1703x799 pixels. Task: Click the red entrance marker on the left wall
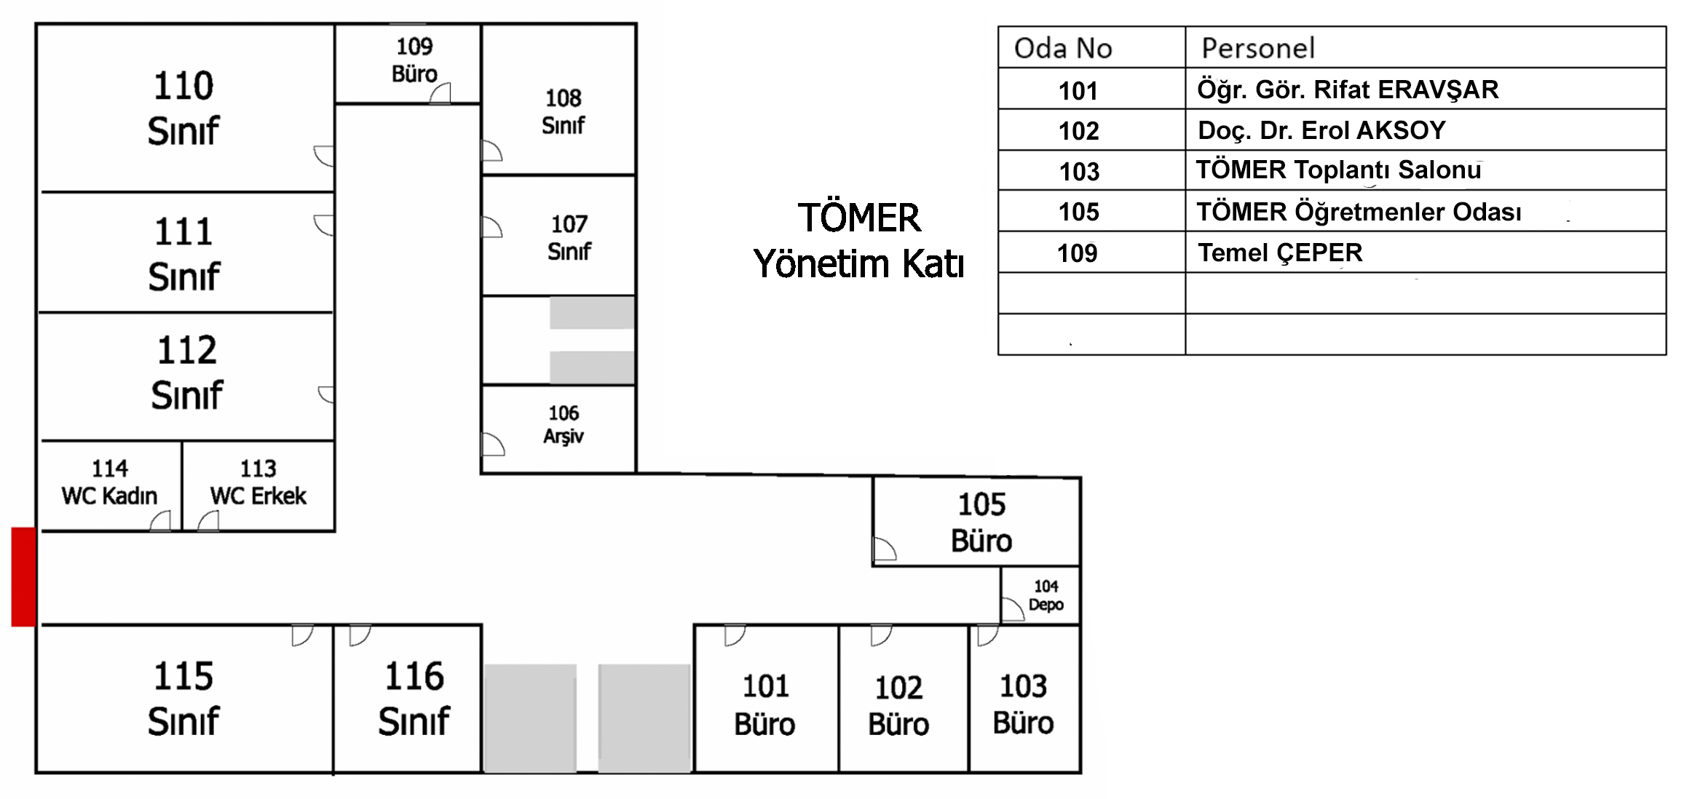(23, 576)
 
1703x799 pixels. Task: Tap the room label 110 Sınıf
(183, 108)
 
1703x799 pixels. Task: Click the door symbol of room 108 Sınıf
(491, 151)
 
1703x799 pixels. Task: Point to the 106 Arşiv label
(564, 424)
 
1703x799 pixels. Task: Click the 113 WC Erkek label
(258, 482)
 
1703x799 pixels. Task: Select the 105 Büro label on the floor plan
(981, 522)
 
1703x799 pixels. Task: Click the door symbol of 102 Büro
(880, 635)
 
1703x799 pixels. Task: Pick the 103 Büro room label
(1023, 704)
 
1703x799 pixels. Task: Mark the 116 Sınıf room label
(414, 699)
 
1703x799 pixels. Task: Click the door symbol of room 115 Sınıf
(301, 635)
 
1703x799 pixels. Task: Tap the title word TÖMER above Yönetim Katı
(859, 218)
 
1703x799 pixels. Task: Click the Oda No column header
(1063, 48)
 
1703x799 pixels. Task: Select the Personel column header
(1258, 48)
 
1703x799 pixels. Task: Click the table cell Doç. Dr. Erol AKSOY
(1321, 130)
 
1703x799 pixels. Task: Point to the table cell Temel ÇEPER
(1280, 253)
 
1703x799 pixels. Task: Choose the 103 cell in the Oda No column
(1079, 171)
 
